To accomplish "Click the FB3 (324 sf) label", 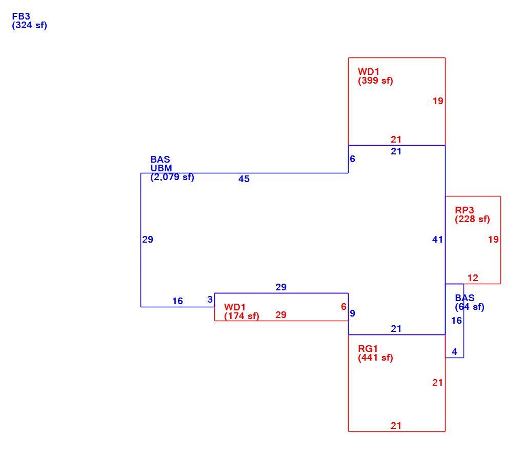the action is [x=29, y=21].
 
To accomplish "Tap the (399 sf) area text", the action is [x=375, y=81].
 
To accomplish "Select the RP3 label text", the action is [x=464, y=210].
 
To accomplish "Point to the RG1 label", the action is [x=368, y=348].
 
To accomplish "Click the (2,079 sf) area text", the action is [x=172, y=177].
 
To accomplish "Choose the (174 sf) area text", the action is [x=241, y=316].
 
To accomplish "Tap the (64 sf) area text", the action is [x=470, y=307].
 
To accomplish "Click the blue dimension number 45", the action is [x=244, y=179].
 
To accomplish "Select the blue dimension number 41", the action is [x=437, y=240].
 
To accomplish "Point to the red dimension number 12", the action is [x=473, y=278].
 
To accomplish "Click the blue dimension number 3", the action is [x=210, y=300].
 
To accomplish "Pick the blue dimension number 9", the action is [x=353, y=313].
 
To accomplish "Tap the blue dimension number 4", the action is [x=454, y=352].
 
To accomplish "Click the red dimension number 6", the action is [x=344, y=307].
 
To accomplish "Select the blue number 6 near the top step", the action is [x=353, y=159].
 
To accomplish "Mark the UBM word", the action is [x=161, y=168].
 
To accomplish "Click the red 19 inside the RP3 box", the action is [x=493, y=240].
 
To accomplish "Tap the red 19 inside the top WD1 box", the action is [x=438, y=101].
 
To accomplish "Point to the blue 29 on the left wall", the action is [x=148, y=240].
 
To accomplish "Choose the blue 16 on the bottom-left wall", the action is [x=177, y=301].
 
